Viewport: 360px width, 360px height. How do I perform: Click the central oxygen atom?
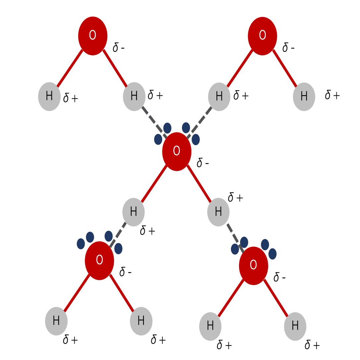point(177,151)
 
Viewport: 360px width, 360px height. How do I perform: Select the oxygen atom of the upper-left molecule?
point(93,36)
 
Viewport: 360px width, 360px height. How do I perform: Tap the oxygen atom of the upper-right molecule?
point(263,36)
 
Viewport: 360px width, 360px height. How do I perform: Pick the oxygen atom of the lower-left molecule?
point(99,261)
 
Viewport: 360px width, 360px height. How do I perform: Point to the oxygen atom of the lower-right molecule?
point(254,266)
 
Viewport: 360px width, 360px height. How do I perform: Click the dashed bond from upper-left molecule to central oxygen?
point(154,122)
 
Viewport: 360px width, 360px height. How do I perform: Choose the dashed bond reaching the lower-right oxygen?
point(235,238)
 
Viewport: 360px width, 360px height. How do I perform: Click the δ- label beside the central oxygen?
point(203,163)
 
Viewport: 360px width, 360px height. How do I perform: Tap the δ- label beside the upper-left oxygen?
point(118,47)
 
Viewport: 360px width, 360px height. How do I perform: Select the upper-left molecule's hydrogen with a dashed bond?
point(134,96)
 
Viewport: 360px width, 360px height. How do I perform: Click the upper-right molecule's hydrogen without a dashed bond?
point(304,97)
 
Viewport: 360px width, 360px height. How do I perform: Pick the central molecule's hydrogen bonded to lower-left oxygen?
point(133,212)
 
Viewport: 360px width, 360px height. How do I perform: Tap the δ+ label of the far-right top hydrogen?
point(332,94)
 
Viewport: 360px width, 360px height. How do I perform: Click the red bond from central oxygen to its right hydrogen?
point(199,183)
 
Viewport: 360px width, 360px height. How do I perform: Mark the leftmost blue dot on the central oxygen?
point(158,139)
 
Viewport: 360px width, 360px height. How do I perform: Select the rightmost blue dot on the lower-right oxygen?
point(272,254)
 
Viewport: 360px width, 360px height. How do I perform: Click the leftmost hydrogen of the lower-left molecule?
point(56,321)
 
